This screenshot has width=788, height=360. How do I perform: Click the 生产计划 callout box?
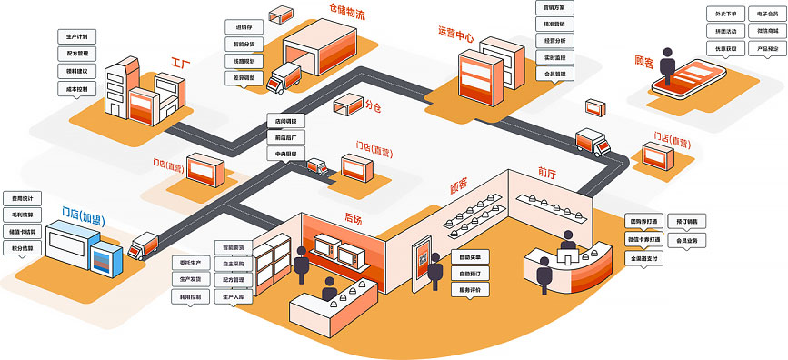76,37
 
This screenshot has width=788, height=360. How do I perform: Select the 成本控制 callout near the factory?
76,90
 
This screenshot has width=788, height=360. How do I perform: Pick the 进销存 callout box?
244,26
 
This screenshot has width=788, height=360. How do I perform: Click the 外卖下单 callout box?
726,14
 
